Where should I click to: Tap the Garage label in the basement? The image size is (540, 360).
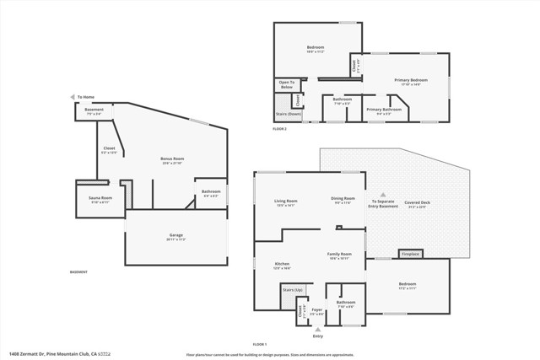point(175,236)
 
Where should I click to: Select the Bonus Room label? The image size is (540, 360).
point(172,159)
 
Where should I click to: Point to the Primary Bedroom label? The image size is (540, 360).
point(412,81)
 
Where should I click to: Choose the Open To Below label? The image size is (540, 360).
point(287,84)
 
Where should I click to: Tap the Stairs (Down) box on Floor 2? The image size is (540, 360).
point(289,114)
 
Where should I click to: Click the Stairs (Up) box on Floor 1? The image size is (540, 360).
point(292,290)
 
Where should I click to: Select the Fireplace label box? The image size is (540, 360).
point(410,253)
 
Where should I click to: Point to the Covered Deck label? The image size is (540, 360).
point(417,203)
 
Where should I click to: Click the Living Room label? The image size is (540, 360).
point(286,201)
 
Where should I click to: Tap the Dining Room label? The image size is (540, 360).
point(343,201)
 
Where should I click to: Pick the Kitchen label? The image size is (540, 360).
point(282,265)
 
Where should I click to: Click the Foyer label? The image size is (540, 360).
point(317,309)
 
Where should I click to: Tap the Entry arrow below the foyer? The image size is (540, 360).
point(317,329)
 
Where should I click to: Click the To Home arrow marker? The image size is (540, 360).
point(73,97)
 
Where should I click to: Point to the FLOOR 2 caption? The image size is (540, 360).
point(279,129)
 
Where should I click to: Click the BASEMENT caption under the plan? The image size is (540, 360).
point(78,272)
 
